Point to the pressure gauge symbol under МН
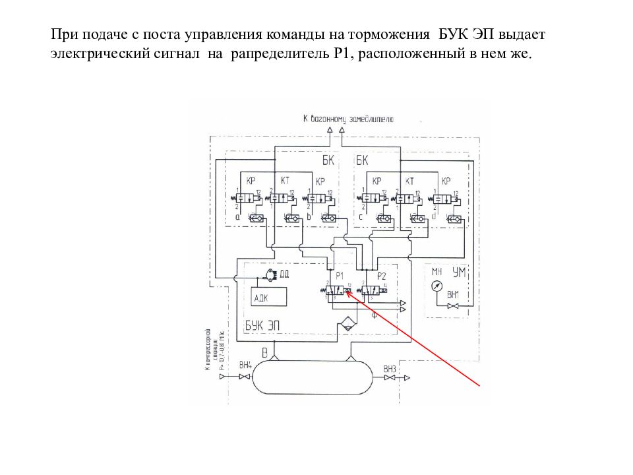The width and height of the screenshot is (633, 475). click(436, 286)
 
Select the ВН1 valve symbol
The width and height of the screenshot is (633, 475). click(453, 307)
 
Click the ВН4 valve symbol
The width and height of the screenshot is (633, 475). click(245, 377)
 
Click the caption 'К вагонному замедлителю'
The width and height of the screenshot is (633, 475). click(348, 119)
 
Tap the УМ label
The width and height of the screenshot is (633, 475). click(460, 271)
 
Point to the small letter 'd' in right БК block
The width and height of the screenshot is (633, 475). click(433, 216)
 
